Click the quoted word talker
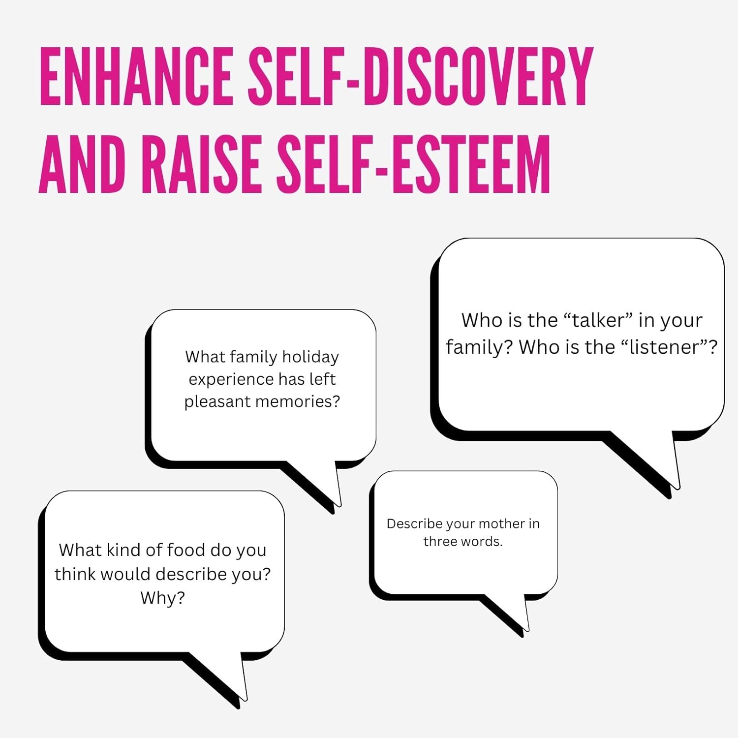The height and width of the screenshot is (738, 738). click(598, 320)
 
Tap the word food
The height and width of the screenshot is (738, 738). click(186, 550)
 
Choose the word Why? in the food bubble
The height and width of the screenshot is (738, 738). click(162, 598)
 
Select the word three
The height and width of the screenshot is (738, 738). click(439, 541)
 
